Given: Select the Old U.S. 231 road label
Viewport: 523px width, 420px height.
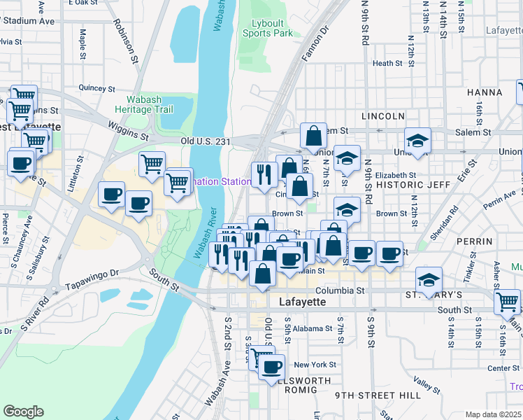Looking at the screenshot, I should pos(205,141).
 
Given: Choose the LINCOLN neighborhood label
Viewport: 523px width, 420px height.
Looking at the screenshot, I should pos(383,115).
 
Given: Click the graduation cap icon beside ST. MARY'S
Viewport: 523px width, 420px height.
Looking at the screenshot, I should pos(429,280).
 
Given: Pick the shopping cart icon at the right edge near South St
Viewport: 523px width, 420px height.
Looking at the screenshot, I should pos(507,301).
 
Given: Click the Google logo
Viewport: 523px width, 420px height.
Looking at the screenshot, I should pos(23,412).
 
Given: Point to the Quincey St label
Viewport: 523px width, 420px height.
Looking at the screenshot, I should pos(96,89).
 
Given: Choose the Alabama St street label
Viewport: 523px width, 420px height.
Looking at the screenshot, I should pos(312,328).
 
